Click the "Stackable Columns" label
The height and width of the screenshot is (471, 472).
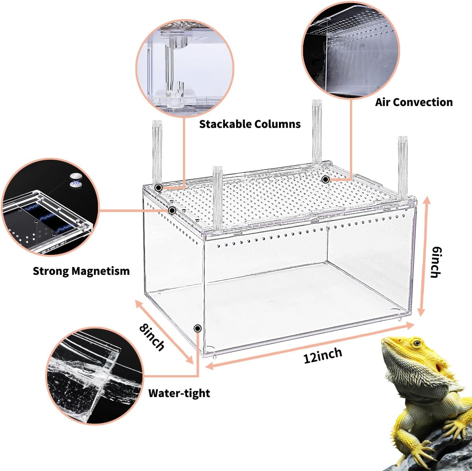pyautogui.click(x=250, y=124)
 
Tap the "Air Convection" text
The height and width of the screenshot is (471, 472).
pyautogui.click(x=414, y=102)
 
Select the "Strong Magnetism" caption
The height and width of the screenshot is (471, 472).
pyautogui.click(x=81, y=271)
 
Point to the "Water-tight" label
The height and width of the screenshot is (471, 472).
pyautogui.click(x=179, y=393)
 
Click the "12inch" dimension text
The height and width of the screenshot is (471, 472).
pyautogui.click(x=323, y=356)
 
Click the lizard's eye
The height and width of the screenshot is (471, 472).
pyautogui.click(x=416, y=343)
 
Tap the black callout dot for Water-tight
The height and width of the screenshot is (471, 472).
pyautogui.click(x=198, y=328)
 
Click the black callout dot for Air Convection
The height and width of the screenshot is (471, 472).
pyautogui.click(x=325, y=179)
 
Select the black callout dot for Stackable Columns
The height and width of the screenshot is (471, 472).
pyautogui.click(x=158, y=188)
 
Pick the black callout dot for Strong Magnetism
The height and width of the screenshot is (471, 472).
pyautogui.click(x=172, y=210)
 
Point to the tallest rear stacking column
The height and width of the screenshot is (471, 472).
pyautogui.click(x=316, y=131)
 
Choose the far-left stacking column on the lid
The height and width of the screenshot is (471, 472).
pyautogui.click(x=157, y=150)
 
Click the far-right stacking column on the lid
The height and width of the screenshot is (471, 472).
pyautogui.click(x=402, y=167)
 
